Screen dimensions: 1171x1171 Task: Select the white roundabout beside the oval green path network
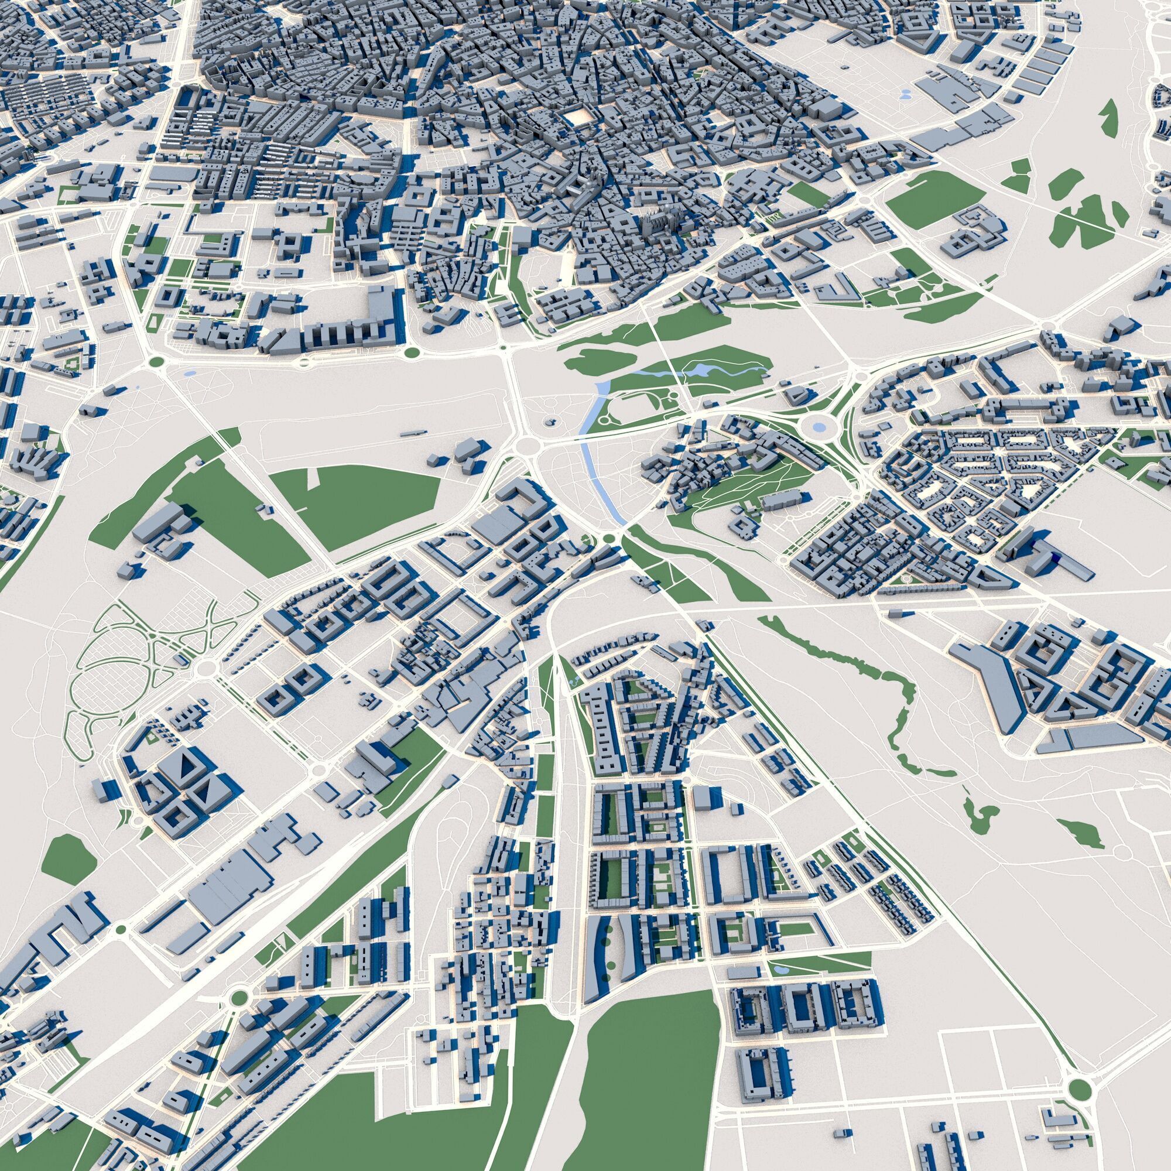[206, 668]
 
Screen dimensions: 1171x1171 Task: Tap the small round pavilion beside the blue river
[550, 420]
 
